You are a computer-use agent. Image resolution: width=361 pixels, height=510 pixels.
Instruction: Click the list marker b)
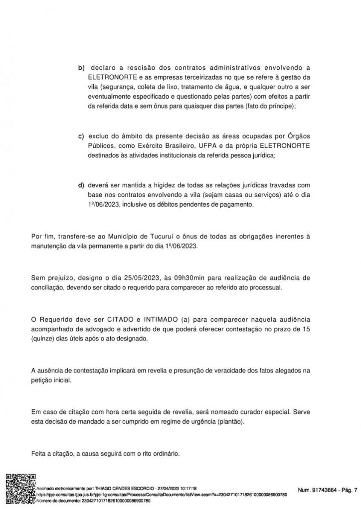point(80,68)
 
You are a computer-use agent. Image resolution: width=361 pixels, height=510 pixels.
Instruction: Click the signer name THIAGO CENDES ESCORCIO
point(109,489)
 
